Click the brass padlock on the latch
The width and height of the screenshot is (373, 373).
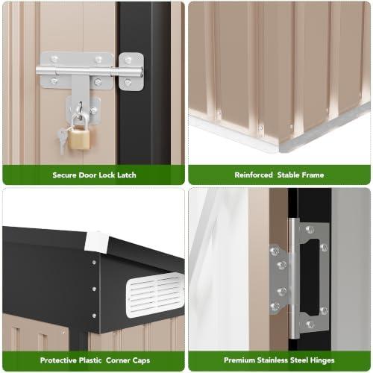coord(79,138)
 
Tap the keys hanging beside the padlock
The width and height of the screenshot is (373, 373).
coord(62,141)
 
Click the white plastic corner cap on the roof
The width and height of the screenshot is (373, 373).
coord(96,242)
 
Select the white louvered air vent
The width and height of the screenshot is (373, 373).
coord(154,295)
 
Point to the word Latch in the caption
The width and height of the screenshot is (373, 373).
coord(127,175)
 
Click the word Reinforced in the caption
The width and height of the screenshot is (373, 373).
coord(254,175)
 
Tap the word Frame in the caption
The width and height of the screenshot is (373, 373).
coord(313,175)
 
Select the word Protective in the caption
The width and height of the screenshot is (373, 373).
coord(58,360)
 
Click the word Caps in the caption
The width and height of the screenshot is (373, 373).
coord(141,360)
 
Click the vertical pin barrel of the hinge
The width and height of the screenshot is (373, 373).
coord(294,278)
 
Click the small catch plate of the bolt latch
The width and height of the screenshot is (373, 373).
coord(131,72)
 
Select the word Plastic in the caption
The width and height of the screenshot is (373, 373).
coord(90,360)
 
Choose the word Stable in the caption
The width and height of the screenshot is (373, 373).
coord(288,175)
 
